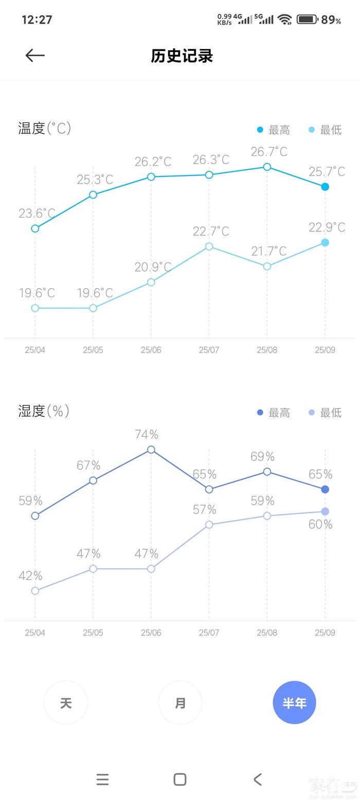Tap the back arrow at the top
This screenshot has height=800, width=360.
[x=35, y=56]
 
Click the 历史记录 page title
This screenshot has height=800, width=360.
[x=182, y=56]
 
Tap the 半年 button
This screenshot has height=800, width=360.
[x=294, y=703]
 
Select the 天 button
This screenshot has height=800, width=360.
[x=66, y=703]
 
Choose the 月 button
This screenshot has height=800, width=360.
[x=180, y=703]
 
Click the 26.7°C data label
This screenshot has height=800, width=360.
[x=268, y=152]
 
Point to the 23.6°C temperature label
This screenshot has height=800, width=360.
[x=37, y=213]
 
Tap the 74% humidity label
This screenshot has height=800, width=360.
[x=147, y=435]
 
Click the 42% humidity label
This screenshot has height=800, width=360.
[x=30, y=576]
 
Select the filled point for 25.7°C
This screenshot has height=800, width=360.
[x=325, y=187]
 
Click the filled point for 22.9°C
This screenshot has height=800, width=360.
[x=325, y=242]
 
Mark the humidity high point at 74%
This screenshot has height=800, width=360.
[x=151, y=450]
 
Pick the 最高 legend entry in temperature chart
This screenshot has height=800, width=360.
[x=274, y=130]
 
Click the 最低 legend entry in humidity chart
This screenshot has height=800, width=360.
[x=325, y=413]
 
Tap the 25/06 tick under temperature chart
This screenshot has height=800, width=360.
[x=151, y=350]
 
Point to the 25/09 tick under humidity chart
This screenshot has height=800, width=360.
[x=325, y=632]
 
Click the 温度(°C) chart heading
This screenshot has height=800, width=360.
[x=45, y=128]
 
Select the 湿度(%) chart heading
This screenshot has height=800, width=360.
[x=44, y=411]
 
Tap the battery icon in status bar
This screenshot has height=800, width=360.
[x=307, y=20]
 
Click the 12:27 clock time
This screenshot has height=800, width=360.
[x=37, y=20]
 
